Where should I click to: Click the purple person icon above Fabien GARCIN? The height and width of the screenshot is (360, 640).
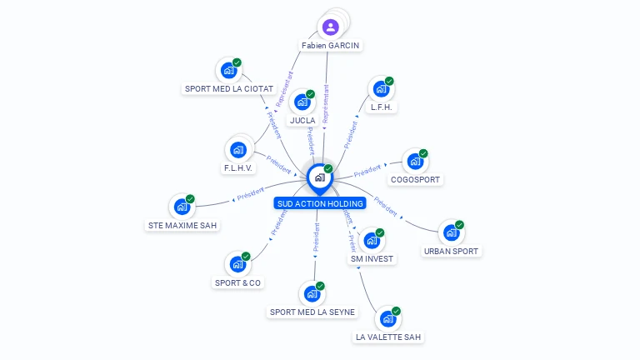pos(331,27)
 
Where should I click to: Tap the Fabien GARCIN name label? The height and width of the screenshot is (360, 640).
pos(332,46)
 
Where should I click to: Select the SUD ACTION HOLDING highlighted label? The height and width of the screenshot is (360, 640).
pos(320,203)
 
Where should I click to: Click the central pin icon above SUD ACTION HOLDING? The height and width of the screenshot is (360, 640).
pos(319,177)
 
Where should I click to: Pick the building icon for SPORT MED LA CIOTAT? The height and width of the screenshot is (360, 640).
pos(228,71)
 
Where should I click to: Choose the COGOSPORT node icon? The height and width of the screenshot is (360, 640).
pos(414,162)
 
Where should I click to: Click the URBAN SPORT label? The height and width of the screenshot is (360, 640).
pos(452,251)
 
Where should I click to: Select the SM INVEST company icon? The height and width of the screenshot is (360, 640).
pos(371,241)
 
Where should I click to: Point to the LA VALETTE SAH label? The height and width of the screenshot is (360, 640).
pos(388,337)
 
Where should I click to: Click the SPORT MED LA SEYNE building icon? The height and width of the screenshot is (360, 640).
pos(312,293)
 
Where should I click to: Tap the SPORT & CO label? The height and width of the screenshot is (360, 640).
pos(237,282)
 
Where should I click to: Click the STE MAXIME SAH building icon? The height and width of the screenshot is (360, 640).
pos(182,207)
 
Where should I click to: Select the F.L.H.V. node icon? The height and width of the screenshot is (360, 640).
pos(238,150)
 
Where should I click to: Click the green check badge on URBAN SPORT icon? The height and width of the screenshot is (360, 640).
pos(459,225)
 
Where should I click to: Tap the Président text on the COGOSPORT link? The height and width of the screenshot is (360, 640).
pos(367,172)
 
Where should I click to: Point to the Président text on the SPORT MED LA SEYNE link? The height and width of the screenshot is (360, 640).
pos(316,237)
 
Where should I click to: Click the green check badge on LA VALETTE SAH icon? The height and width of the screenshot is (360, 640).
pos(396,311)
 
